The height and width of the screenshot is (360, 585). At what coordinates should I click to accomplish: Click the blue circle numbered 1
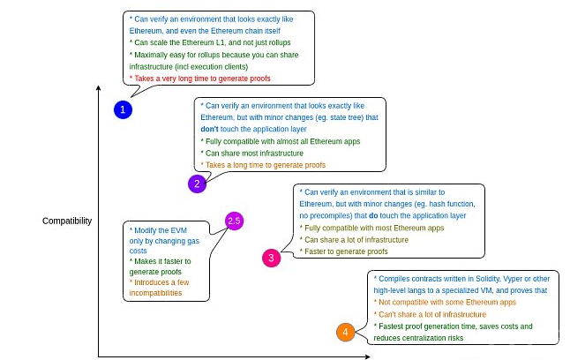[x=124, y=109]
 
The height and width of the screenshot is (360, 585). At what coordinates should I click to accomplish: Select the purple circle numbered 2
[x=198, y=184]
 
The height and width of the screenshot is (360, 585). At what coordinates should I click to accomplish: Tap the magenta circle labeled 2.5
[x=234, y=221]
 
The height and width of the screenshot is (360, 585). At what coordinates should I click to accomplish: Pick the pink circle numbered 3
[x=272, y=258]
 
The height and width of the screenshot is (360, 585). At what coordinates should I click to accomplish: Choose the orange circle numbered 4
[x=345, y=333]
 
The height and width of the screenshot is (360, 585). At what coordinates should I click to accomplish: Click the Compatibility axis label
[x=67, y=221]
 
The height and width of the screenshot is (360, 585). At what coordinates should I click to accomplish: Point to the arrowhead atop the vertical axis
[x=97, y=87]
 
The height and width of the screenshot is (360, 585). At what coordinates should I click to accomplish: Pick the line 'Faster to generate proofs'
[x=344, y=251]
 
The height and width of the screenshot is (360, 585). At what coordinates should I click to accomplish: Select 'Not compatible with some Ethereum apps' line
[x=445, y=302]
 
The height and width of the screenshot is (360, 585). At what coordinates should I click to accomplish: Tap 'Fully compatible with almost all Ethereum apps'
[x=280, y=141]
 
